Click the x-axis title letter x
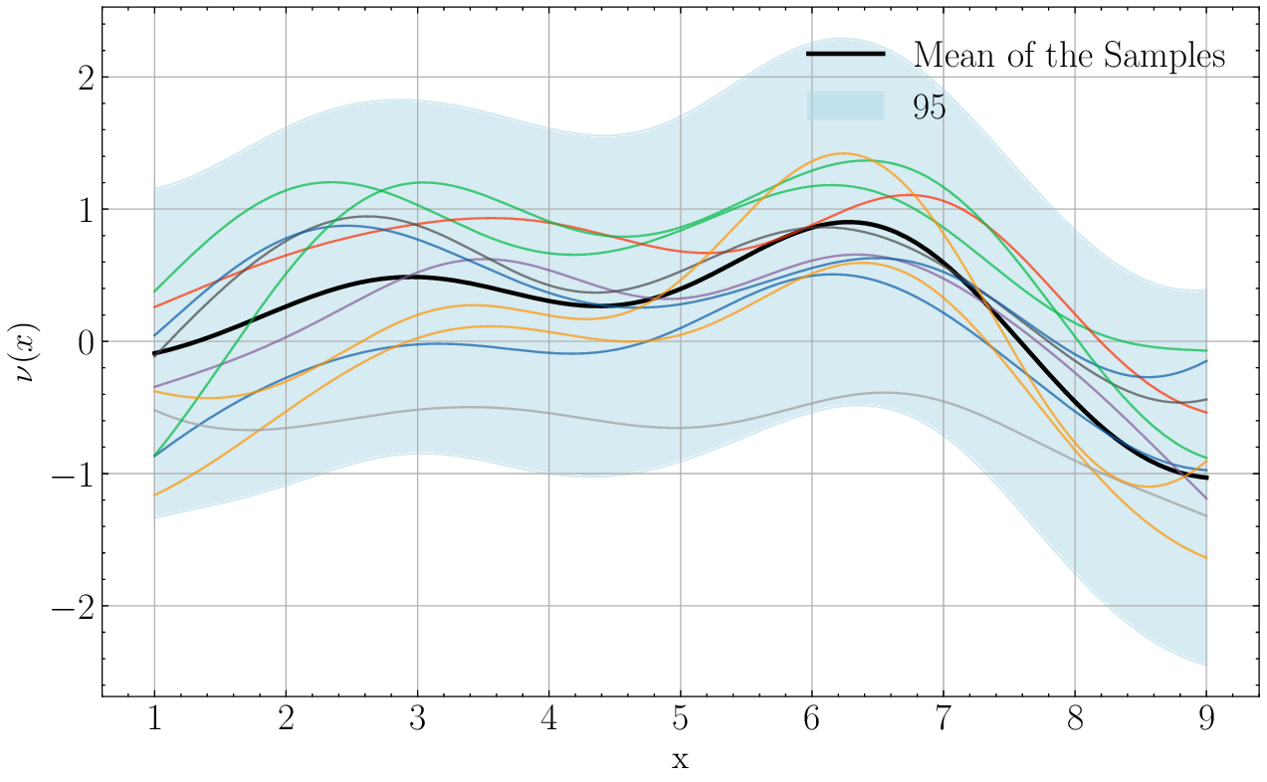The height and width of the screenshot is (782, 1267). [680, 761]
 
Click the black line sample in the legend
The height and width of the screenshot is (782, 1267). [845, 54]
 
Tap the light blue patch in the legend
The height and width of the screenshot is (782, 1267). [845, 105]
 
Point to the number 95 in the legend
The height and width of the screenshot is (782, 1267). [930, 107]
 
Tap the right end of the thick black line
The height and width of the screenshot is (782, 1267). [1206, 478]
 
